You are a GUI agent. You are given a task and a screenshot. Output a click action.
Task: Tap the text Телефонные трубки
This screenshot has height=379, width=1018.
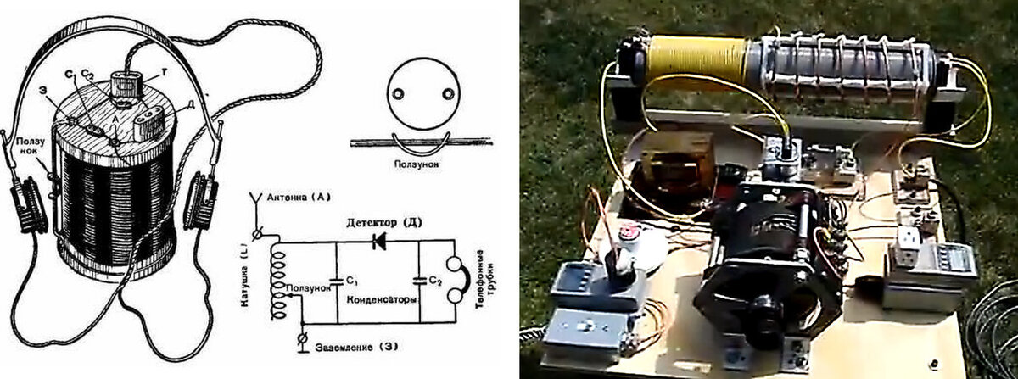click(486, 276)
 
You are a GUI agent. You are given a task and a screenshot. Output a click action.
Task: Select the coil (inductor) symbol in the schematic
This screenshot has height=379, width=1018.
click(274, 280)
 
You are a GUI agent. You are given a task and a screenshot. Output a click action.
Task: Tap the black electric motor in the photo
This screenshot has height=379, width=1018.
click(763, 254)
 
